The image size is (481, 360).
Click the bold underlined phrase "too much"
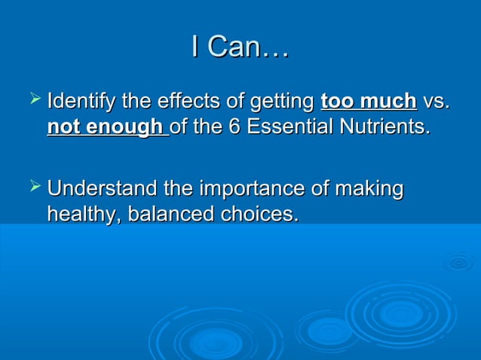pyautogui.click(x=369, y=100)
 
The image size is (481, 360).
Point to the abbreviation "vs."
pyautogui.click(x=437, y=100)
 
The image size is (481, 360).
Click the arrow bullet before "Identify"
pyautogui.click(x=34, y=99)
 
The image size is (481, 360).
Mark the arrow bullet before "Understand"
pyautogui.click(x=34, y=187)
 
